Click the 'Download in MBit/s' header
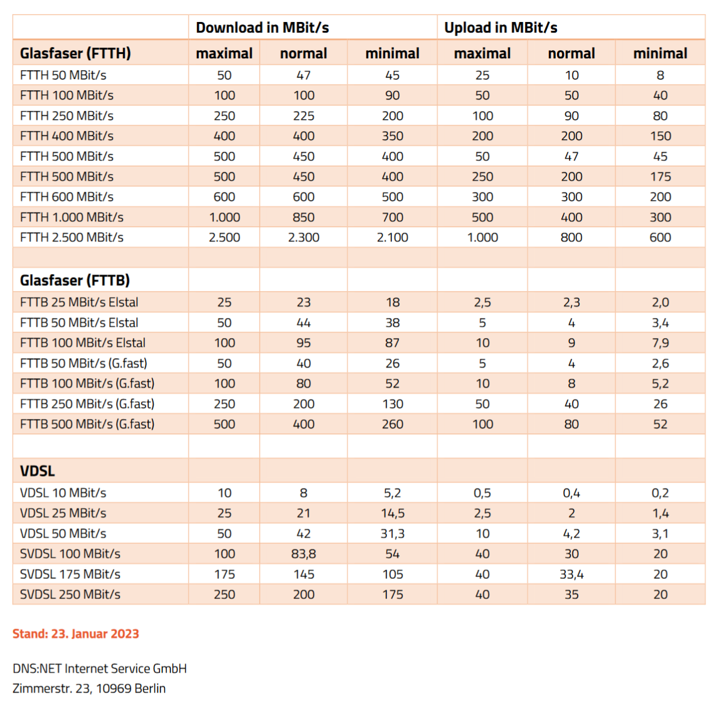click(x=262, y=28)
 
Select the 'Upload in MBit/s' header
click(x=501, y=28)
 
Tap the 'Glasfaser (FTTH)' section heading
click(x=75, y=53)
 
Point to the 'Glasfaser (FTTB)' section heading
click(x=75, y=280)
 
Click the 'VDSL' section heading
click(x=37, y=471)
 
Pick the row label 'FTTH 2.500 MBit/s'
click(x=72, y=238)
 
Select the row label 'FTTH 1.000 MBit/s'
click(x=72, y=218)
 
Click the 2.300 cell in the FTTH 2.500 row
click(x=304, y=238)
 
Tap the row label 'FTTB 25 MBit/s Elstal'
click(x=79, y=302)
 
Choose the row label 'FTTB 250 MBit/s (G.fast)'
click(x=87, y=405)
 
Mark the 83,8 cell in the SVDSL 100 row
click(x=304, y=554)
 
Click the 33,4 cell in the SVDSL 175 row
click(x=571, y=575)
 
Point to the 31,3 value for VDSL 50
click(x=392, y=534)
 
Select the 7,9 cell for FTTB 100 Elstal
click(x=661, y=343)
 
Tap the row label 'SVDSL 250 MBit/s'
click(x=70, y=595)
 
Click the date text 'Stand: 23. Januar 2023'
click(x=75, y=634)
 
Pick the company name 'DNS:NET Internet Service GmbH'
click(x=100, y=669)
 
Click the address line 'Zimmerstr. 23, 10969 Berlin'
click(x=89, y=689)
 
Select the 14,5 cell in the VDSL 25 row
click(x=392, y=514)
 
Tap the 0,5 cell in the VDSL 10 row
click(x=482, y=493)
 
